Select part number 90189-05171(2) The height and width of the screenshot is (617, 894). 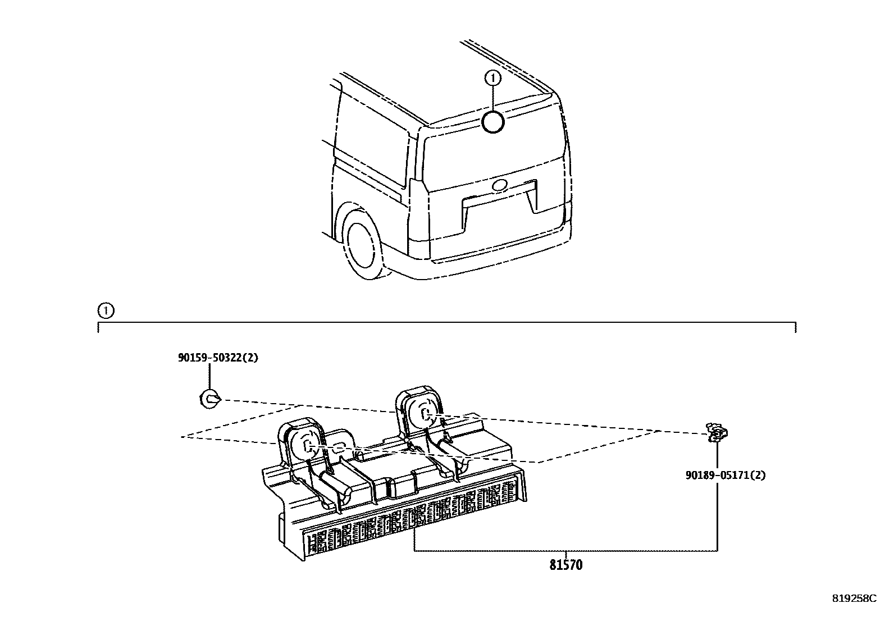pyautogui.click(x=725, y=475)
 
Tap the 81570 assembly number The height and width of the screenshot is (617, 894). pyautogui.click(x=566, y=565)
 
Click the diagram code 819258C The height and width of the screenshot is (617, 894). pyautogui.click(x=854, y=598)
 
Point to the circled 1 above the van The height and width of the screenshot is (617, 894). pyautogui.click(x=492, y=78)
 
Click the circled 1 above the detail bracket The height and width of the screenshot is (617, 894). pyautogui.click(x=105, y=310)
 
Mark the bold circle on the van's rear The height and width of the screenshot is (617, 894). pyautogui.click(x=493, y=122)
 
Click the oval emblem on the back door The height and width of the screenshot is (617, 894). pyautogui.click(x=499, y=185)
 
